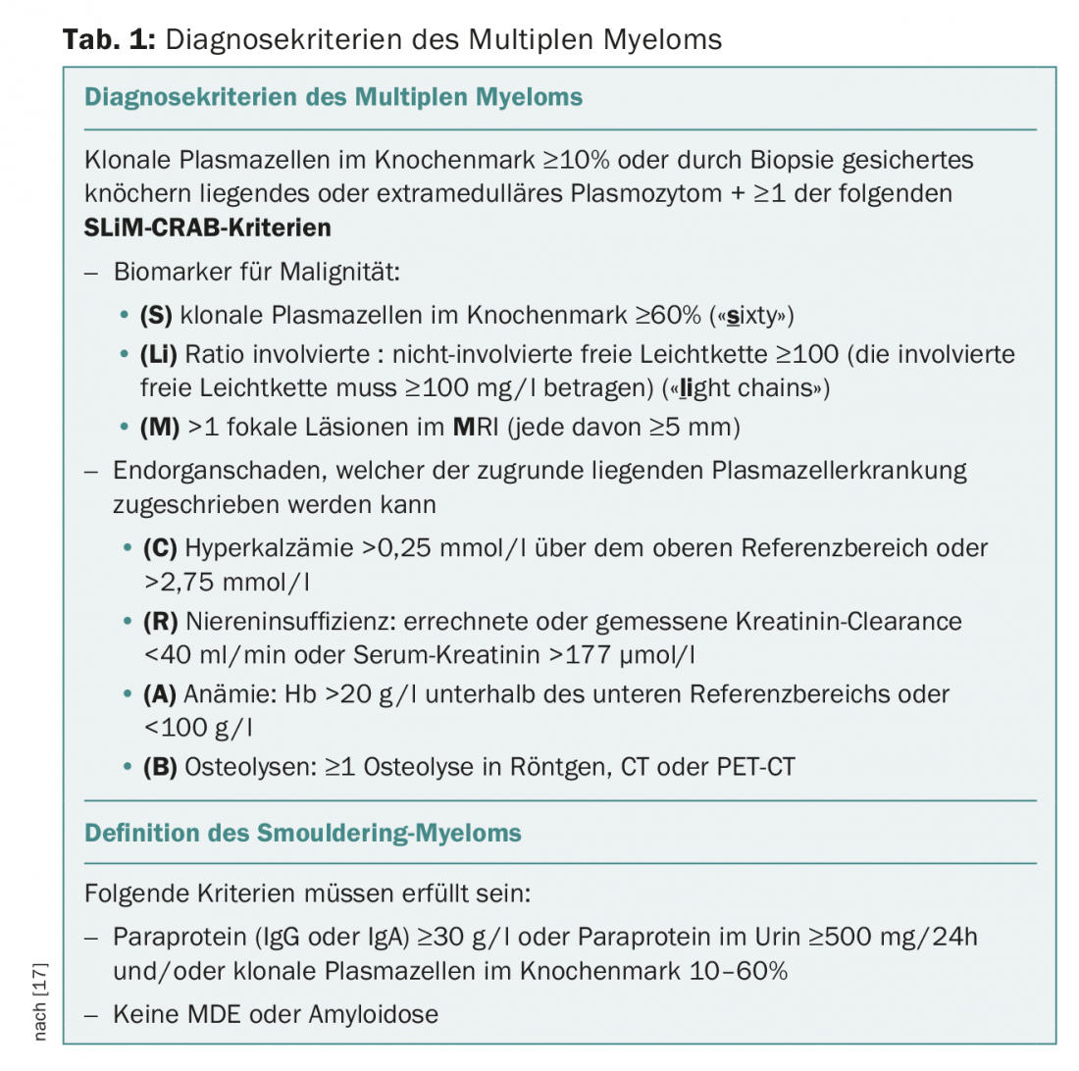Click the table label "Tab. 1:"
click(108, 39)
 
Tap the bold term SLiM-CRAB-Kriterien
click(208, 229)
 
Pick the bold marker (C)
click(160, 547)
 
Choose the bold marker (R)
click(160, 621)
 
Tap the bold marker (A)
click(160, 694)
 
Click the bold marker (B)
click(160, 766)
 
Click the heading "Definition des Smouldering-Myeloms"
click(303, 834)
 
